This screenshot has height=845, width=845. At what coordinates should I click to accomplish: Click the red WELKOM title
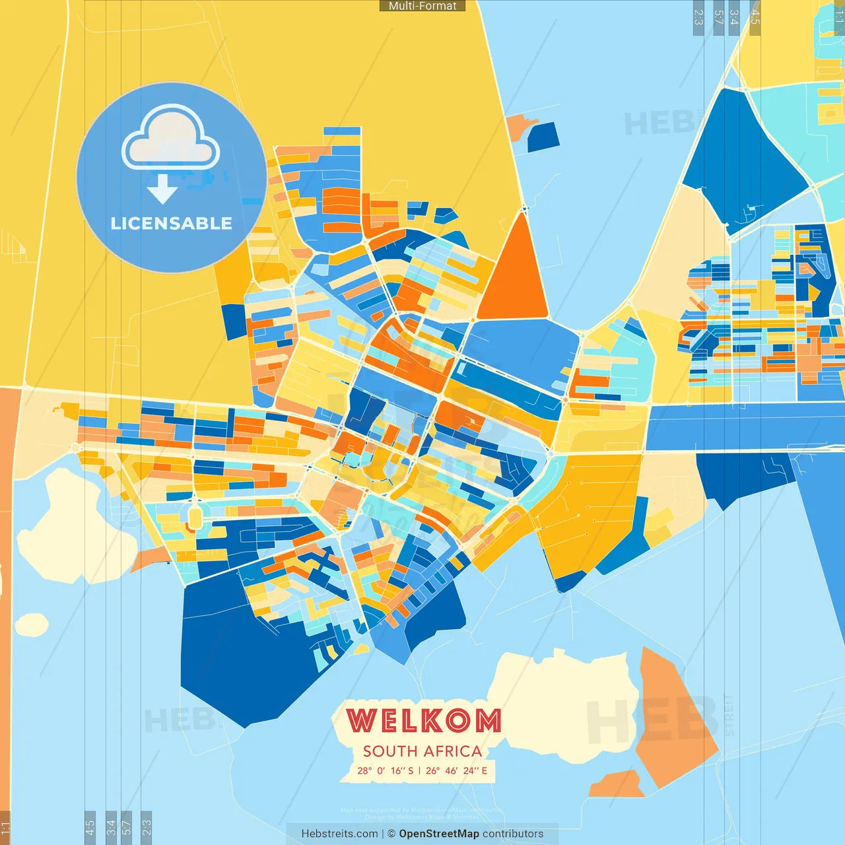pos(423,720)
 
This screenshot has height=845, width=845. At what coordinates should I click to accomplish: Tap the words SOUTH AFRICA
pos(422,751)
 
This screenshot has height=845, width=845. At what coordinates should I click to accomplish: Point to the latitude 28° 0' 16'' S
pos(386,770)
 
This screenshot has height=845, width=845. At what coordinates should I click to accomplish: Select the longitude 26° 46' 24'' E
pos(457,770)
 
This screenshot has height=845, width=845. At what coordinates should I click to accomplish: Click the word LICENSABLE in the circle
pos(172,223)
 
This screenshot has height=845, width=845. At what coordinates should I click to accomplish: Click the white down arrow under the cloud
pos(162,189)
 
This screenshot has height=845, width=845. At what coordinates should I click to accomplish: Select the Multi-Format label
pos(422,6)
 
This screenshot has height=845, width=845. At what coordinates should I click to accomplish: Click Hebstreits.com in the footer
pos(339,834)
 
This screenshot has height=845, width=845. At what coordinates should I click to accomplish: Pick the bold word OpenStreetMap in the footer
pos(439,834)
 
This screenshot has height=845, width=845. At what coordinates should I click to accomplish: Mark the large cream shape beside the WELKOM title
pos(561,700)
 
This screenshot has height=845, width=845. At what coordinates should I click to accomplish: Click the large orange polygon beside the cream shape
pos(673,720)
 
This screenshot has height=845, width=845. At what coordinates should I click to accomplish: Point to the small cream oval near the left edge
pos(31,625)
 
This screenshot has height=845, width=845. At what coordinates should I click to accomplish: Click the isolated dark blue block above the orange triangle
pos(543,137)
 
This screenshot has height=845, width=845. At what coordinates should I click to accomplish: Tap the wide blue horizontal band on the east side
pos(746,427)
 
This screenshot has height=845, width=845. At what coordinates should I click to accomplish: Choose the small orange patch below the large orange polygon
pos(617,786)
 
